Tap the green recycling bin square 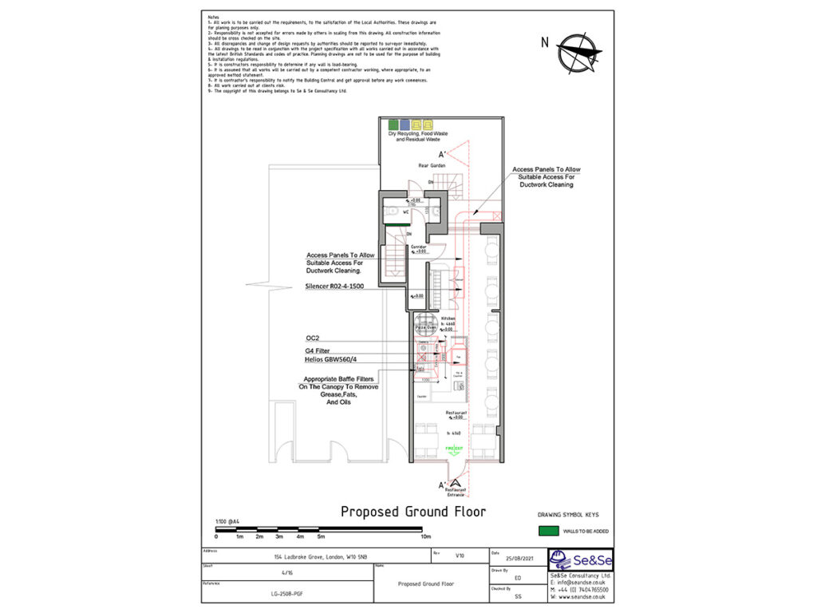click(x=393, y=125)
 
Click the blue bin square click(x=405, y=125)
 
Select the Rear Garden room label click(x=432, y=165)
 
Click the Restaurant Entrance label click(x=455, y=492)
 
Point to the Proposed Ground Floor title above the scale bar click(x=412, y=512)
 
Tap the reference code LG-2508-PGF click(x=286, y=595)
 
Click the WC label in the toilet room click(x=406, y=212)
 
